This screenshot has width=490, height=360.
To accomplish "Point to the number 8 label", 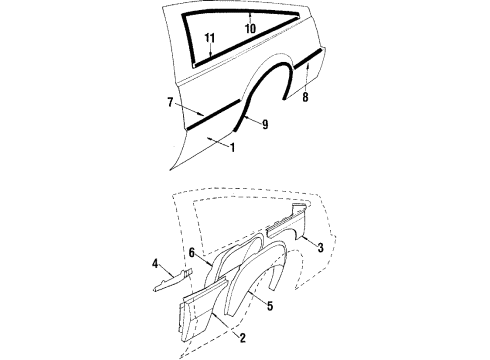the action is pos(306,97).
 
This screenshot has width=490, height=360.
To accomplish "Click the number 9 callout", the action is pos(264,123).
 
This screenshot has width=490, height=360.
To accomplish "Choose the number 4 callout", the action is pos(156,264).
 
